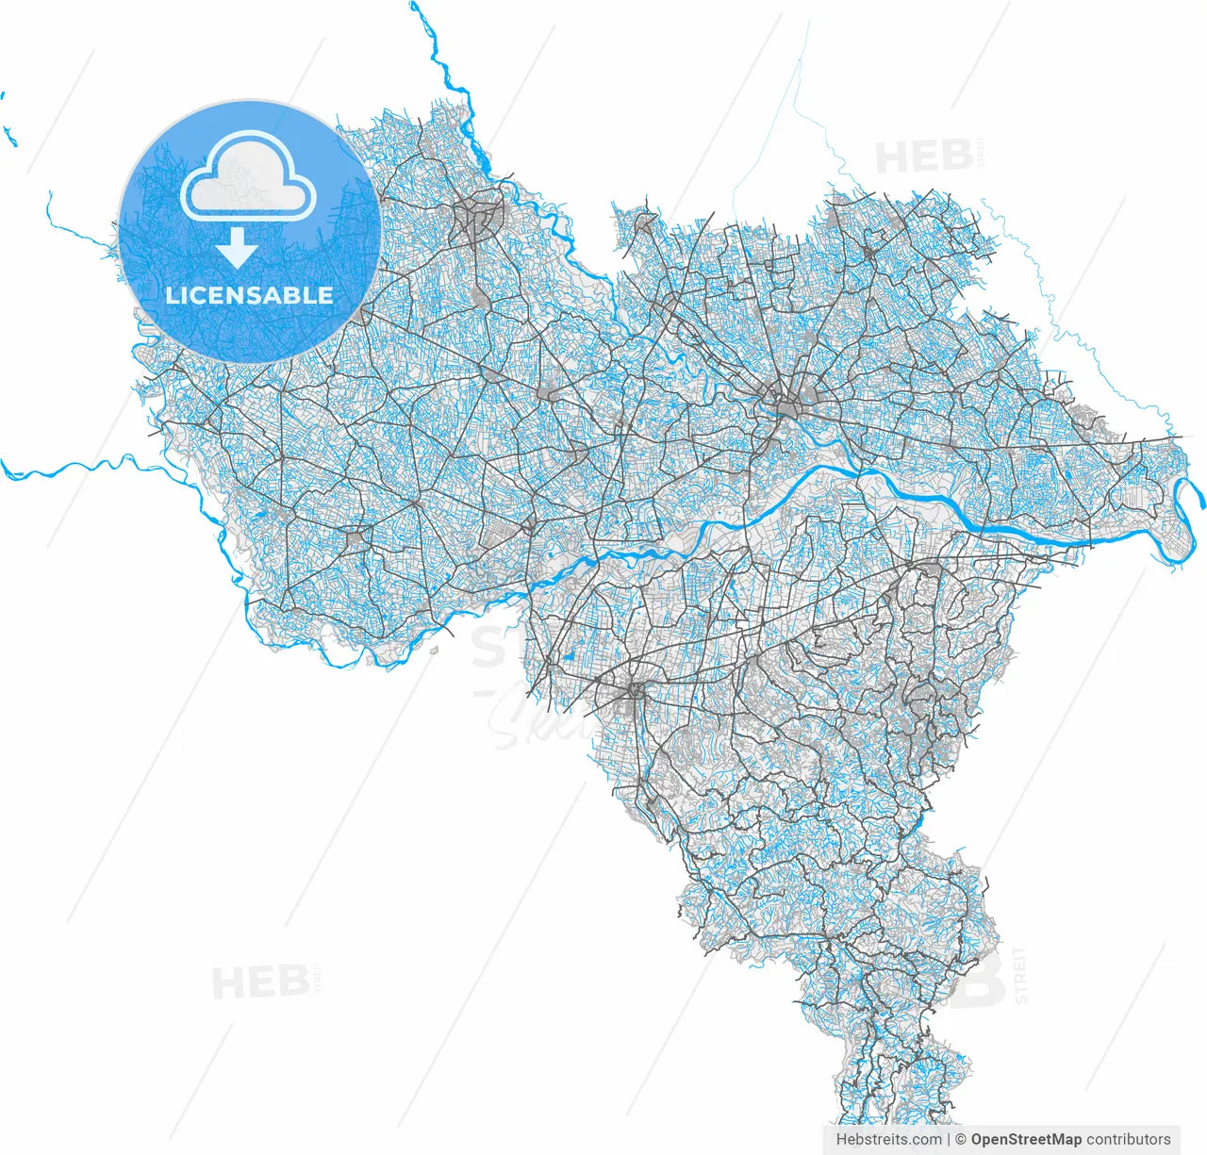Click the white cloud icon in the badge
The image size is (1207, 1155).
coord(248,179)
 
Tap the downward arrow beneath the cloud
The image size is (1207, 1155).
coord(237,248)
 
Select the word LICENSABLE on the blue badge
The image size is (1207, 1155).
coord(249,295)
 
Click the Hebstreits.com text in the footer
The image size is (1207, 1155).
coord(888,1139)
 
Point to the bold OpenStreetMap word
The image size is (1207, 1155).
coord(1026,1139)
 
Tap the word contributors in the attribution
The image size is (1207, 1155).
coord(1129,1139)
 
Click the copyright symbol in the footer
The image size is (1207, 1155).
coord(961,1139)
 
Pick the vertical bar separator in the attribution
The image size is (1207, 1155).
coord(948,1139)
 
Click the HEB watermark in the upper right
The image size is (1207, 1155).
coord(923,157)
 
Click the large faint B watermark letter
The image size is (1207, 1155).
coord(981,981)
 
